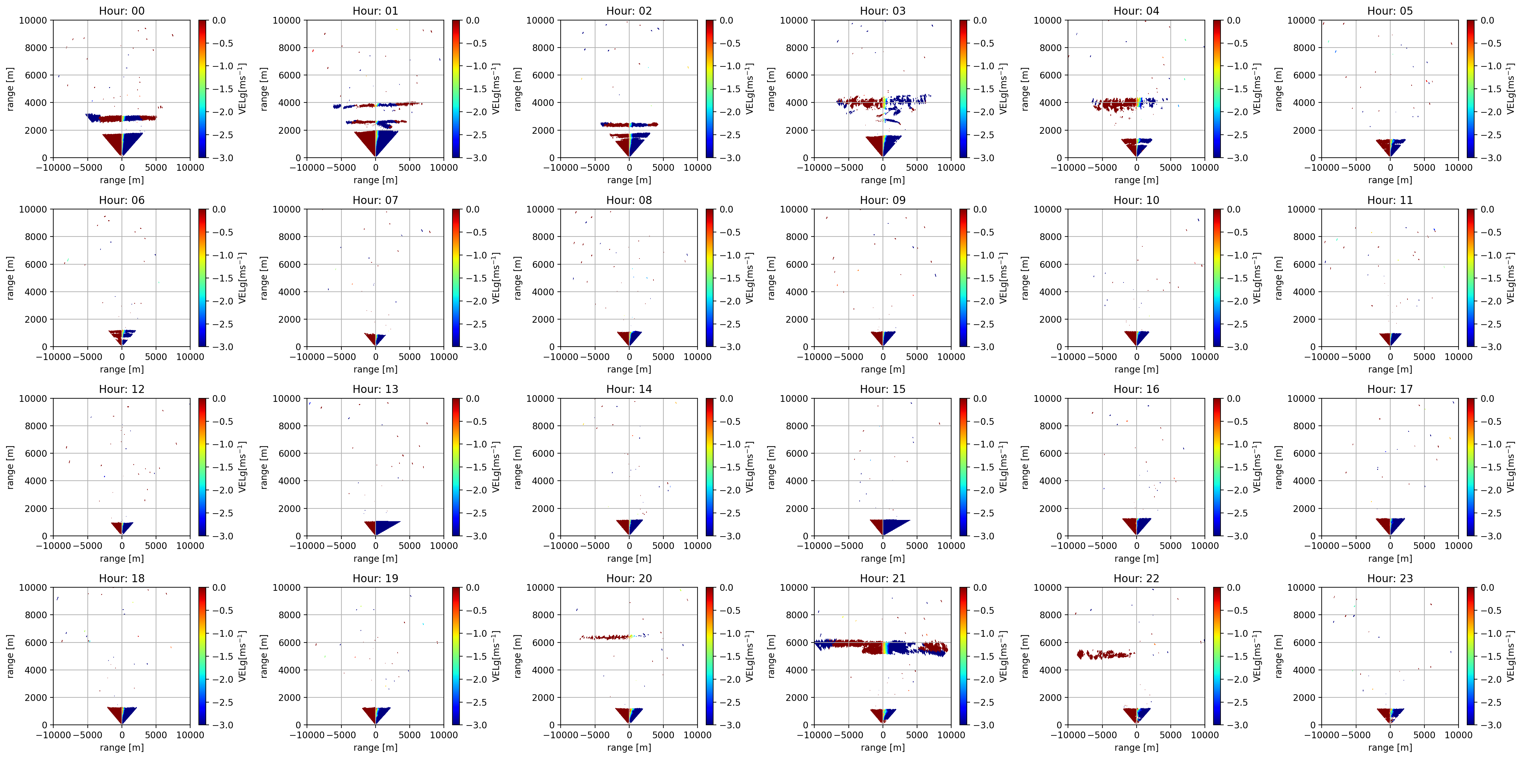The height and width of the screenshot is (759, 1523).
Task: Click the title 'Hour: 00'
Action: [x=122, y=11]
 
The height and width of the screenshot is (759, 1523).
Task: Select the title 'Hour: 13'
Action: [x=376, y=389]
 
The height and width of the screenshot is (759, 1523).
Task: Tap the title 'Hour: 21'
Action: [x=883, y=578]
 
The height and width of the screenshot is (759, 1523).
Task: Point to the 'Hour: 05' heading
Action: [x=1390, y=11]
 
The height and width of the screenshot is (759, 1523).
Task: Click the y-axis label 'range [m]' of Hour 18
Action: [x=10, y=656]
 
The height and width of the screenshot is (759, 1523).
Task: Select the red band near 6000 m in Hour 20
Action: [x=605, y=637]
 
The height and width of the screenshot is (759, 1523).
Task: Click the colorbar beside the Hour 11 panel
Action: [x=1470, y=278]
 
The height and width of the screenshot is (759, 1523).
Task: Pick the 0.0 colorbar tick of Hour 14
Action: [x=727, y=399]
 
